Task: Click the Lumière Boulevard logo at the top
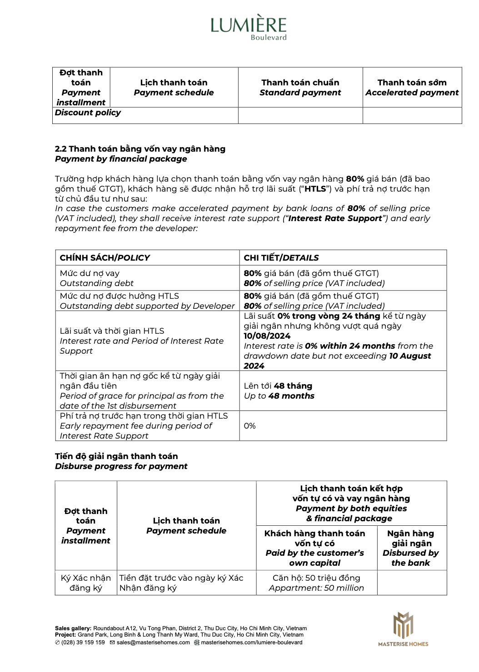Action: pyautogui.click(x=249, y=27)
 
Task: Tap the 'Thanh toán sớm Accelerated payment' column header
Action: pyautogui.click(x=412, y=88)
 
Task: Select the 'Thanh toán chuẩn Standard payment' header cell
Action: pyautogui.click(x=300, y=88)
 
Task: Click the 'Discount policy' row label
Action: pyautogui.click(x=88, y=113)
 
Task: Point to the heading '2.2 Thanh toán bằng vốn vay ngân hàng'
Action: pyautogui.click(x=140, y=149)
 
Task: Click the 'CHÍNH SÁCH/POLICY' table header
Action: pyautogui.click(x=105, y=258)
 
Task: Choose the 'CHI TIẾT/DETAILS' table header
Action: pyautogui.click(x=281, y=258)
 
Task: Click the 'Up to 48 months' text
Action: pyautogui.click(x=279, y=396)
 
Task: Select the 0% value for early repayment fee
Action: pyautogui.click(x=249, y=426)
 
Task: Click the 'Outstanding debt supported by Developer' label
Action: pyautogui.click(x=147, y=306)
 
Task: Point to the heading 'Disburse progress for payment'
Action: pyautogui.click(x=121, y=466)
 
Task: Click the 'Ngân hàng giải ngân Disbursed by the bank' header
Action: pyautogui.click(x=410, y=548)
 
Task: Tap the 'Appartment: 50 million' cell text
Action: pyautogui.click(x=316, y=588)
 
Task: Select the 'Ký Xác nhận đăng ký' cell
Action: pyautogui.click(x=86, y=583)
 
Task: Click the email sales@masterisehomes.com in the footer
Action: pyautogui.click(x=153, y=642)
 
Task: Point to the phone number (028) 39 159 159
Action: pyautogui.click(x=83, y=642)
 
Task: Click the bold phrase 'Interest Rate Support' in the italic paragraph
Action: pyautogui.click(x=335, y=218)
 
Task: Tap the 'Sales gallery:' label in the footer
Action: pyautogui.click(x=73, y=628)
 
